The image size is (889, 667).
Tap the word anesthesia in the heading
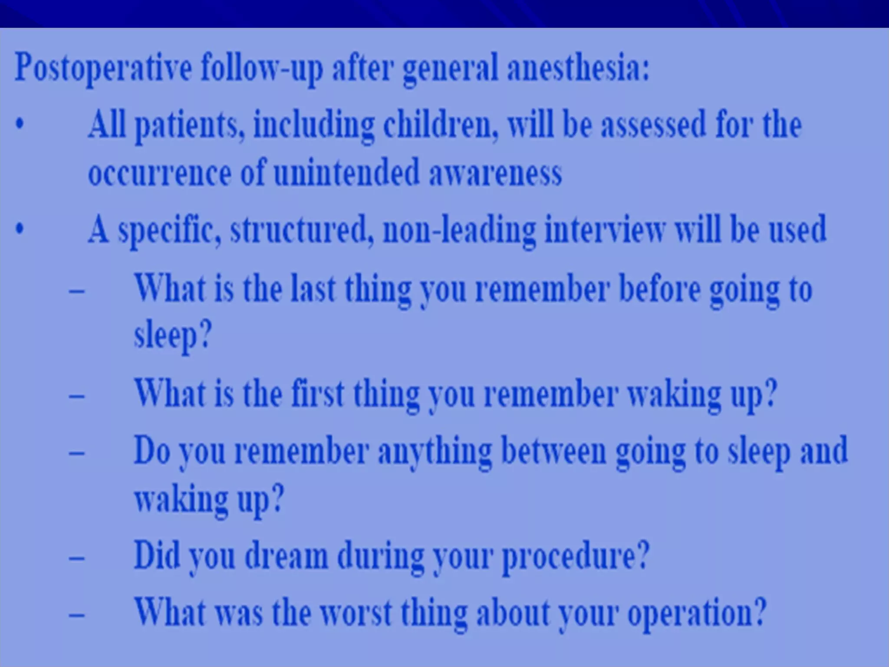578,69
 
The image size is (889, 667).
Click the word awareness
495,173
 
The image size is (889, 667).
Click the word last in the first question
313,288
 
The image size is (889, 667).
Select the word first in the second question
317,393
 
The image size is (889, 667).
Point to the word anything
434,452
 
